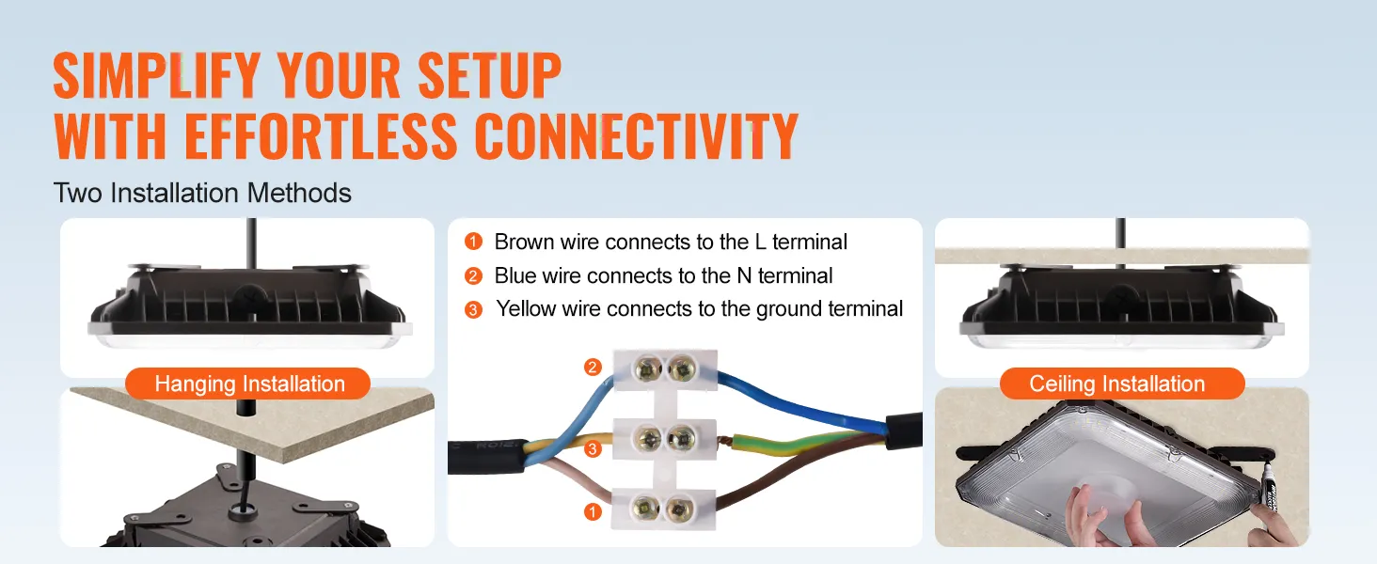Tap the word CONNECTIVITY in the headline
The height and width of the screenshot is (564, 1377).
click(637, 136)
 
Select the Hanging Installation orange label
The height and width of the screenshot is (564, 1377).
click(249, 384)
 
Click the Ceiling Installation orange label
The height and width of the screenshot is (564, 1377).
click(1116, 384)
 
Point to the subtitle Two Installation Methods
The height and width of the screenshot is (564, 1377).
click(203, 194)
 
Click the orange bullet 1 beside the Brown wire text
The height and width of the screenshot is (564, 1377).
click(473, 243)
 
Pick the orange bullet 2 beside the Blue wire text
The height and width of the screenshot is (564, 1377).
click(473, 276)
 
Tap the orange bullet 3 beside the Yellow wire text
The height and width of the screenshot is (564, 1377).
click(473, 309)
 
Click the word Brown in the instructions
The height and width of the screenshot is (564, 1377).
click(524, 243)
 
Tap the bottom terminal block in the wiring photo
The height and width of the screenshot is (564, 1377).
click(663, 509)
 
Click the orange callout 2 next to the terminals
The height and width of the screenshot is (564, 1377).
click(593, 368)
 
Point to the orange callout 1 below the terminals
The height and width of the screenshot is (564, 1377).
click(593, 512)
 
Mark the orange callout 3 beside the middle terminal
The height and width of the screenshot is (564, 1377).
click(593, 449)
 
